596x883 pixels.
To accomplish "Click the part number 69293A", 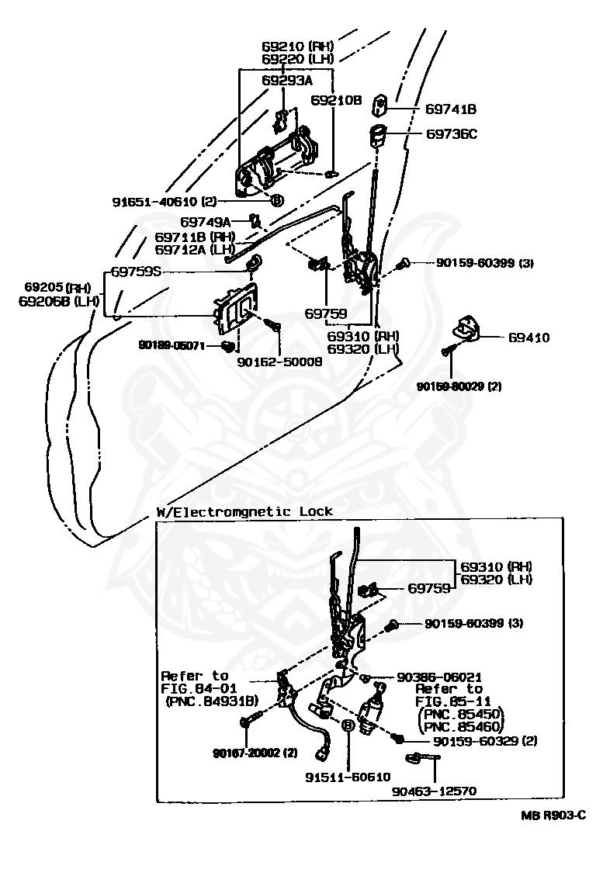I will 286,80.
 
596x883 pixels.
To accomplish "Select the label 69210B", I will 337,101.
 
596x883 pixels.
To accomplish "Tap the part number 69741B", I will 451,109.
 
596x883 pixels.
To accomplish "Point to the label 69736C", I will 451,133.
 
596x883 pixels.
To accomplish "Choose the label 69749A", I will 206,222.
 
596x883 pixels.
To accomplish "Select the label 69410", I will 529,338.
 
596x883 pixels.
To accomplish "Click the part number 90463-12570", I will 434,791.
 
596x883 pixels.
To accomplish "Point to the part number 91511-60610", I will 348,776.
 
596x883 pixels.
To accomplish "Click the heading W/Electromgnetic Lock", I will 244,511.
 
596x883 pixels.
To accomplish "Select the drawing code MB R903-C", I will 553,815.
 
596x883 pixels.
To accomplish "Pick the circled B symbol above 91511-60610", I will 348,724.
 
